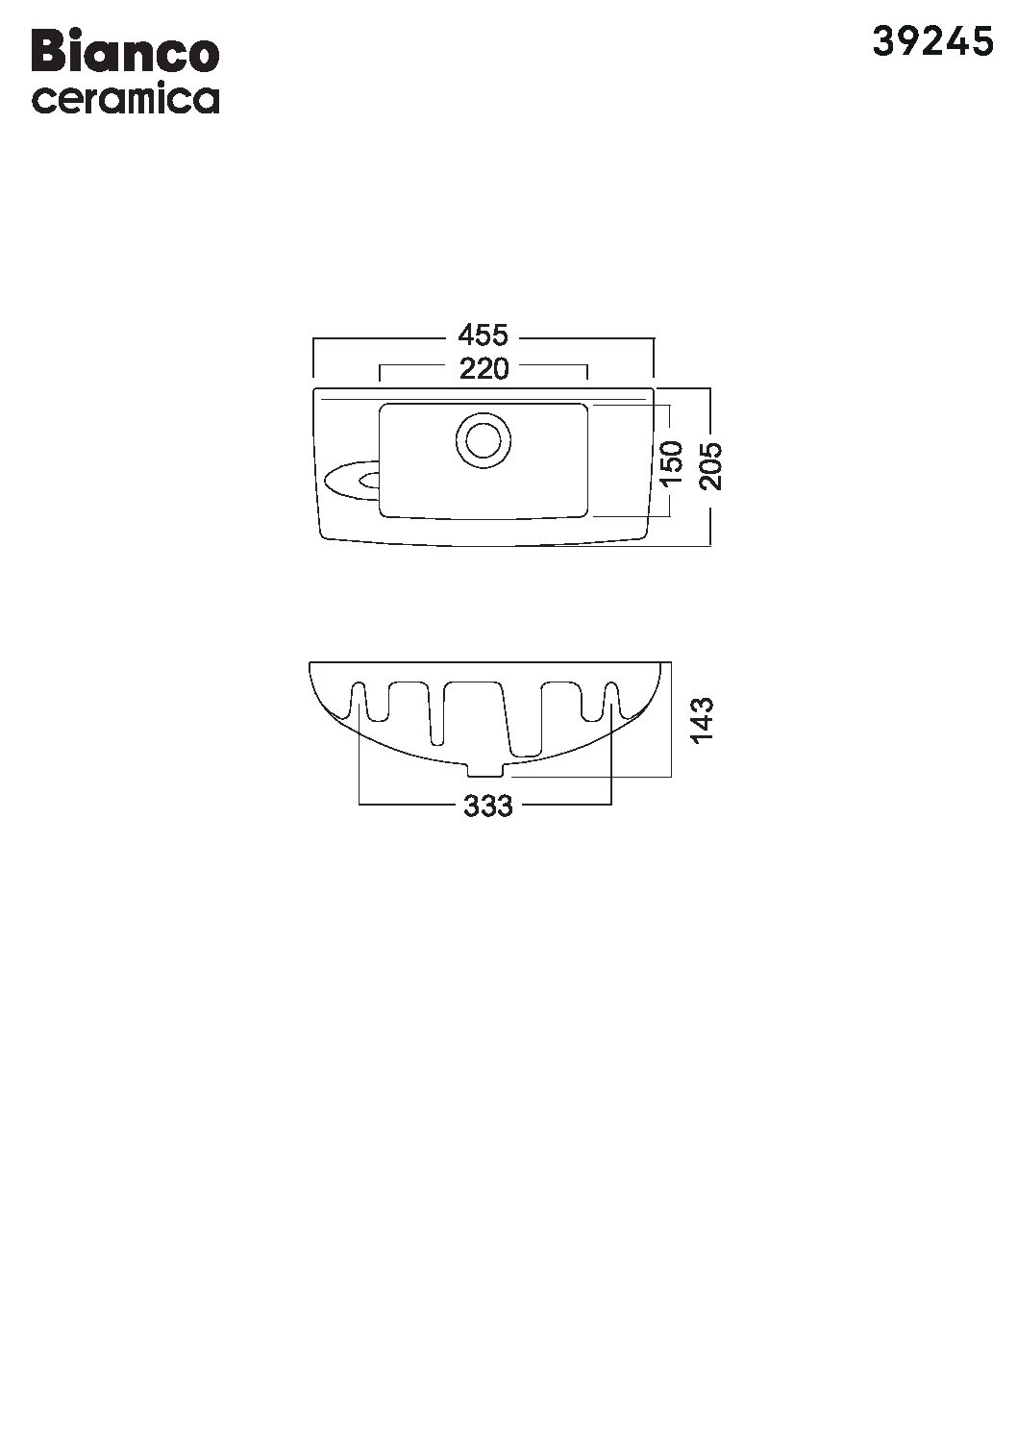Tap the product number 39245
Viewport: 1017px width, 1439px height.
tap(932, 43)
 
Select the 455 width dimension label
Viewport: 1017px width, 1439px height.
tap(483, 335)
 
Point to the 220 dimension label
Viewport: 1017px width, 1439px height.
tap(484, 369)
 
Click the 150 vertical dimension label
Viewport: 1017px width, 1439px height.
tap(670, 463)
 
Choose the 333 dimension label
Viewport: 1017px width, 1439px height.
tap(488, 806)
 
